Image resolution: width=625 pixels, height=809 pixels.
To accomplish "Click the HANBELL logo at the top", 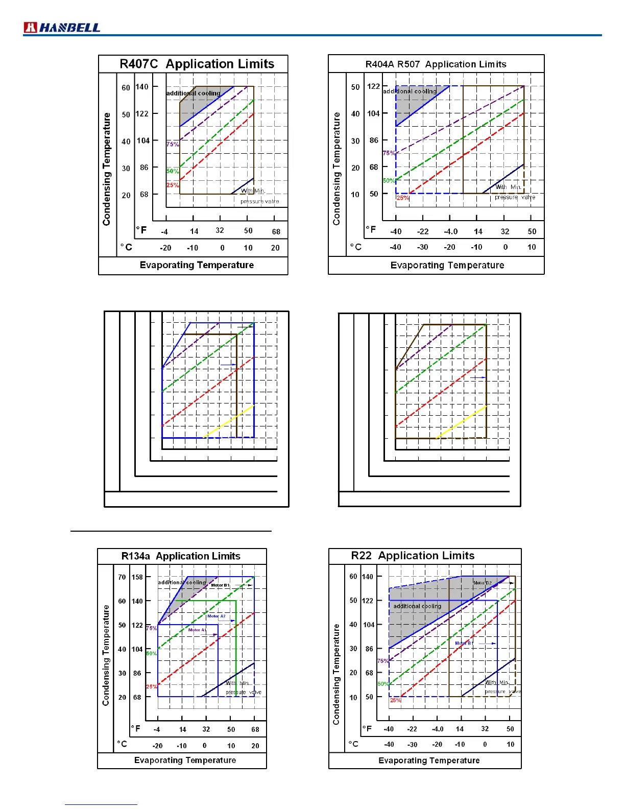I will tap(62, 28).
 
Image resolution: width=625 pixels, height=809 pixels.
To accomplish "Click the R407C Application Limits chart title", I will tap(197, 64).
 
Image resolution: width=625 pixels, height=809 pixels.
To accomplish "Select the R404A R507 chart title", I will tap(436, 64).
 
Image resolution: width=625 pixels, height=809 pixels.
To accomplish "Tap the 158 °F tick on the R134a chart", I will tap(137, 577).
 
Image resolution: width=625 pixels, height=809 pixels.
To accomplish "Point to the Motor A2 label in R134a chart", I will tap(217, 616).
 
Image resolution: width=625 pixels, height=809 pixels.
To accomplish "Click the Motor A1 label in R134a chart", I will tap(197, 630).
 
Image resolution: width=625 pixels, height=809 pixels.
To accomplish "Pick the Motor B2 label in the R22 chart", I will tap(482, 583).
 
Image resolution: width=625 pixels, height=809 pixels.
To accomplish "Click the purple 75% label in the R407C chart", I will tap(173, 145).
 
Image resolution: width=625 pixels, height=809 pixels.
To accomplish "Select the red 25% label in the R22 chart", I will tap(396, 700).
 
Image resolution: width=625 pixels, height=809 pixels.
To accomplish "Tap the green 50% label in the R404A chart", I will tap(389, 181).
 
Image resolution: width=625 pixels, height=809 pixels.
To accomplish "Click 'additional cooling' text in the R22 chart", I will tap(417, 606).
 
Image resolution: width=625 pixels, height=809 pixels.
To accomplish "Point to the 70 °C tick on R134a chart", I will tap(122, 577).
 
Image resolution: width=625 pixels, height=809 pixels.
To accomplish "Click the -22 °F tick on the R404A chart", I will tap(423, 231).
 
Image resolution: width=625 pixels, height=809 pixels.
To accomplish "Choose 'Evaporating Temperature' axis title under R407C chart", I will tap(197, 265).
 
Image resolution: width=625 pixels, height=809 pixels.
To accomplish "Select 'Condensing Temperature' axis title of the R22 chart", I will tap(336, 674).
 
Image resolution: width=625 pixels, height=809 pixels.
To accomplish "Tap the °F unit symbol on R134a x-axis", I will tap(136, 728).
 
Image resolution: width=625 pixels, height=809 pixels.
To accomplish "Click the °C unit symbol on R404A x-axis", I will tap(355, 247).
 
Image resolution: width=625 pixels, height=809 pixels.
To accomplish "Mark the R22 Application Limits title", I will tap(413, 556).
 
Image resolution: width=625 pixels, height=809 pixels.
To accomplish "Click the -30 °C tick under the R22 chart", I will tap(413, 745).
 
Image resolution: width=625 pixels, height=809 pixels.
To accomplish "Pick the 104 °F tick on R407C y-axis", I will tap(143, 141).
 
